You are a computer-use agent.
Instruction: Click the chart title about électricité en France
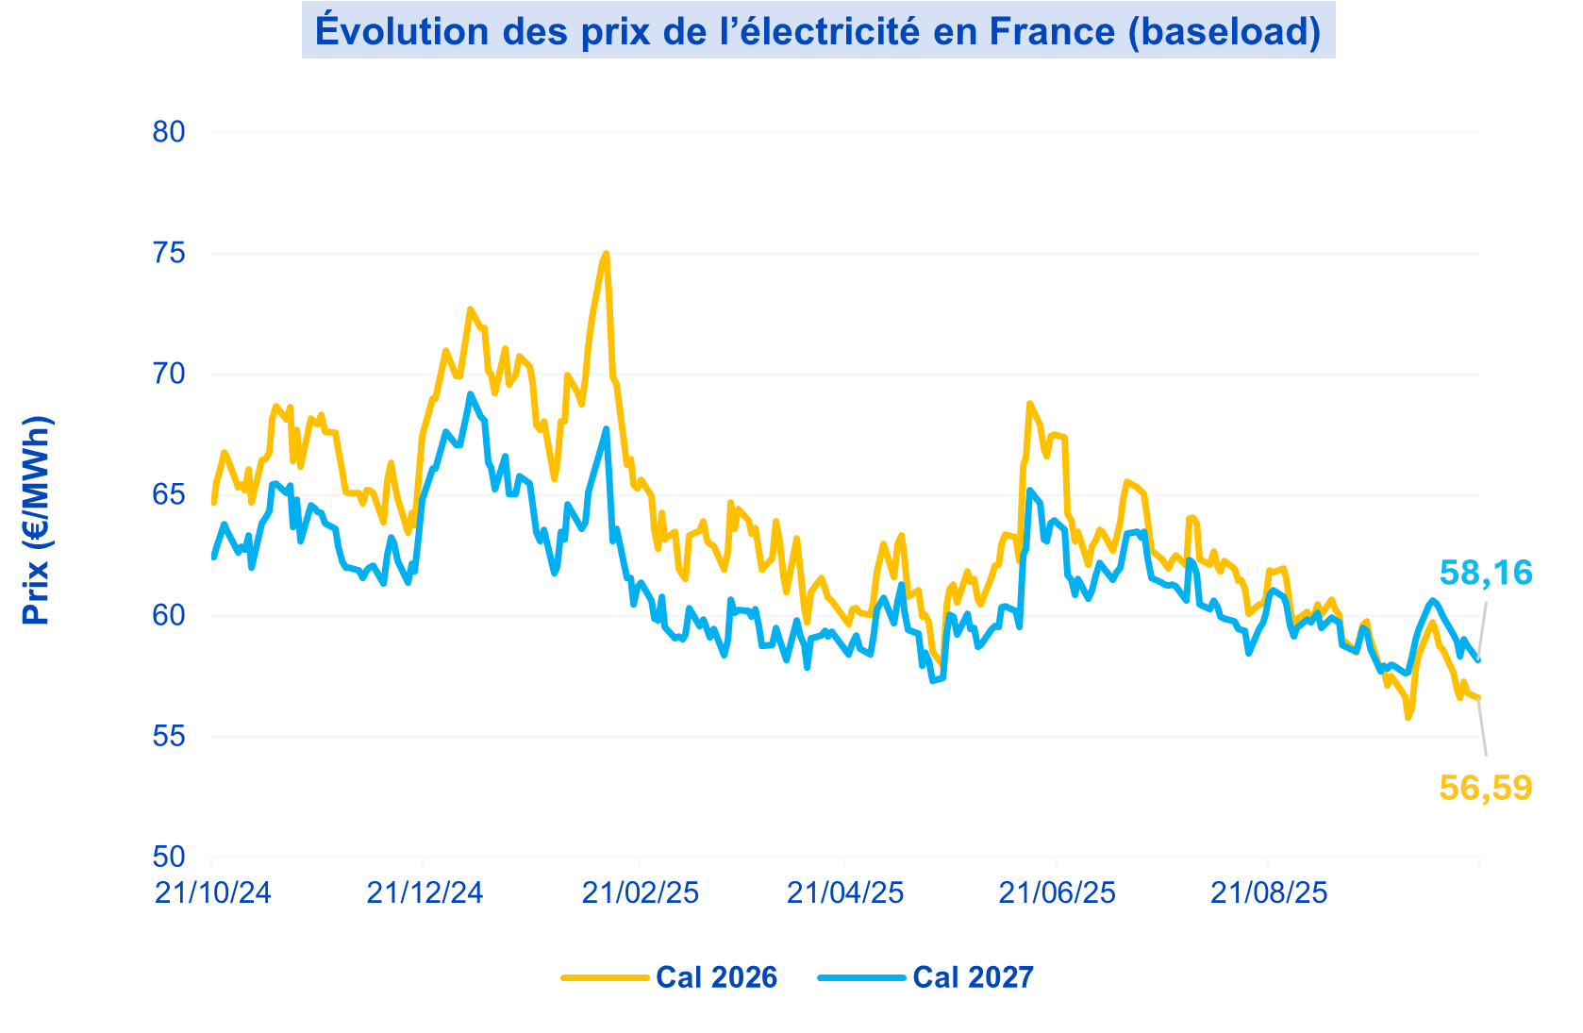(x=818, y=31)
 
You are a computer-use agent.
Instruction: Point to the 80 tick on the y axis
(x=169, y=132)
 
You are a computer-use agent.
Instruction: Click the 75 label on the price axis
(x=169, y=253)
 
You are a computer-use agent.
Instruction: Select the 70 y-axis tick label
(x=169, y=374)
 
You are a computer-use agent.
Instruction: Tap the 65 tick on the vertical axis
(x=169, y=494)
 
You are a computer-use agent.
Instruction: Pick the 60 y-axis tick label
(x=169, y=615)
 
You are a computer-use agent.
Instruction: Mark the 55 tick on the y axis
(x=169, y=736)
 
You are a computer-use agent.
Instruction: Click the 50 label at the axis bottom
(x=169, y=857)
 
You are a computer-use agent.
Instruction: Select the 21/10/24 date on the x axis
(x=213, y=892)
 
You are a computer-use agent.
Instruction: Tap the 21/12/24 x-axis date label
(x=425, y=892)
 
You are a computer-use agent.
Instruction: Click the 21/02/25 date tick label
(x=641, y=892)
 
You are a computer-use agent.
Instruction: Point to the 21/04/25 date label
(x=845, y=892)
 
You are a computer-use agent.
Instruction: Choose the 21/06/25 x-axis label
(x=1057, y=892)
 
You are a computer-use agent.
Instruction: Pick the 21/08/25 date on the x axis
(x=1269, y=892)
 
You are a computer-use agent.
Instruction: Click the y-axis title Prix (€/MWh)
(x=37, y=520)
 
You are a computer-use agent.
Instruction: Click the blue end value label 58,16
(x=1486, y=573)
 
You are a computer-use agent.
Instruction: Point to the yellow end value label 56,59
(x=1486, y=788)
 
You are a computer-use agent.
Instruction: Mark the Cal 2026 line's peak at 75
(x=606, y=254)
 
